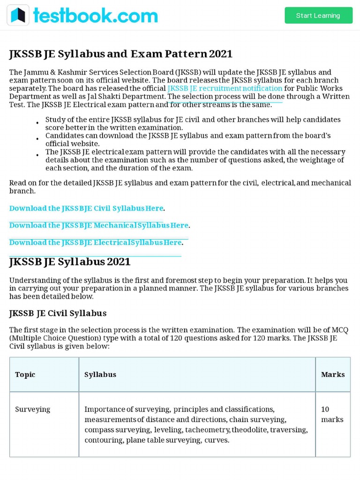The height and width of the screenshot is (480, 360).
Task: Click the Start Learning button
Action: click(318, 15)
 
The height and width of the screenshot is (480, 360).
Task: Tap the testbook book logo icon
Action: click(18, 15)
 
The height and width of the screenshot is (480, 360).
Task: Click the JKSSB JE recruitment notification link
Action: click(225, 88)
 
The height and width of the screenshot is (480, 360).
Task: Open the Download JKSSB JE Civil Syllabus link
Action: click(86, 208)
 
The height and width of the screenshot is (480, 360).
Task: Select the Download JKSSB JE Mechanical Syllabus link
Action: click(98, 225)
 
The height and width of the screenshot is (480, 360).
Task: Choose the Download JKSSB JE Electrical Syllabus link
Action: click(95, 242)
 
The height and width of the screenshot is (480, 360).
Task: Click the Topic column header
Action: click(25, 375)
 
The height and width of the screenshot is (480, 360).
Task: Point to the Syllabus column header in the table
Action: click(100, 375)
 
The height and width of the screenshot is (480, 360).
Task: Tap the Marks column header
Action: click(333, 375)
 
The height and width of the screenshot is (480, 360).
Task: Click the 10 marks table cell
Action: click(332, 414)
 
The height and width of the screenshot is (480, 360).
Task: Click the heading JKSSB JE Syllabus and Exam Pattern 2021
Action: click(121, 54)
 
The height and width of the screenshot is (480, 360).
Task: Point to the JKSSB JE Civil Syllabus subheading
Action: click(58, 313)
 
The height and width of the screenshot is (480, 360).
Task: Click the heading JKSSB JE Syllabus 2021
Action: click(70, 262)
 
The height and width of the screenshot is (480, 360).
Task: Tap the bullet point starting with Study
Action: click(37, 123)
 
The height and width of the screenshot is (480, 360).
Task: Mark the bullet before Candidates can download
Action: click(37, 139)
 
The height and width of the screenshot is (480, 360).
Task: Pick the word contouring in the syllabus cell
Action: click(101, 440)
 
